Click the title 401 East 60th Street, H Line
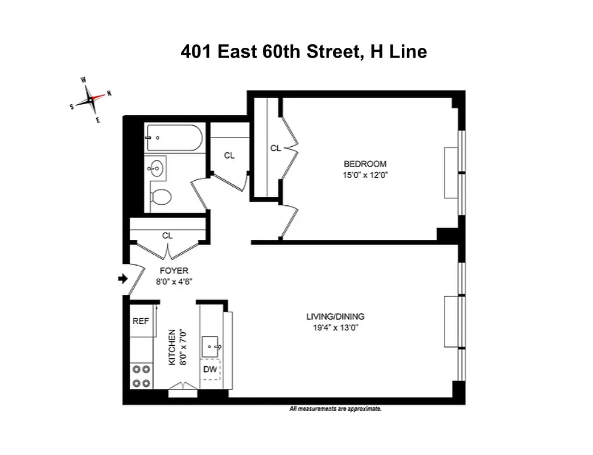point(303,52)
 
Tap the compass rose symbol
point(90,101)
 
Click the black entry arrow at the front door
point(121,279)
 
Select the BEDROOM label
point(365,164)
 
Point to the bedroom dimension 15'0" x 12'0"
point(365,175)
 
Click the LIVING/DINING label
point(335,317)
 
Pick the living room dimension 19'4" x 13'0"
point(335,328)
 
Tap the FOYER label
point(174,271)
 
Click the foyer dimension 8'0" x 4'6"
point(174,281)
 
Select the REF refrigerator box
point(141,321)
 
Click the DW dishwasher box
point(210,370)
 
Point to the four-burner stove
point(142,375)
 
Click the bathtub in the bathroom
point(174,137)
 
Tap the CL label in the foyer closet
point(167,235)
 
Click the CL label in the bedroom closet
point(275,148)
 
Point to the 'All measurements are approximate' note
point(335,409)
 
